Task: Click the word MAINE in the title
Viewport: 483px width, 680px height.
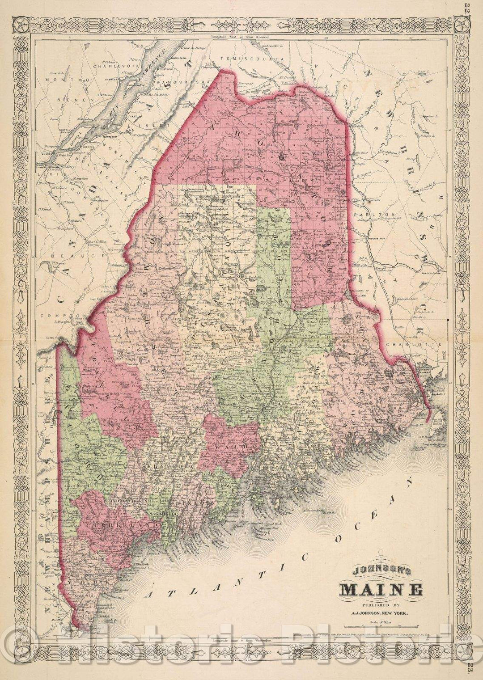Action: [381, 589]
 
